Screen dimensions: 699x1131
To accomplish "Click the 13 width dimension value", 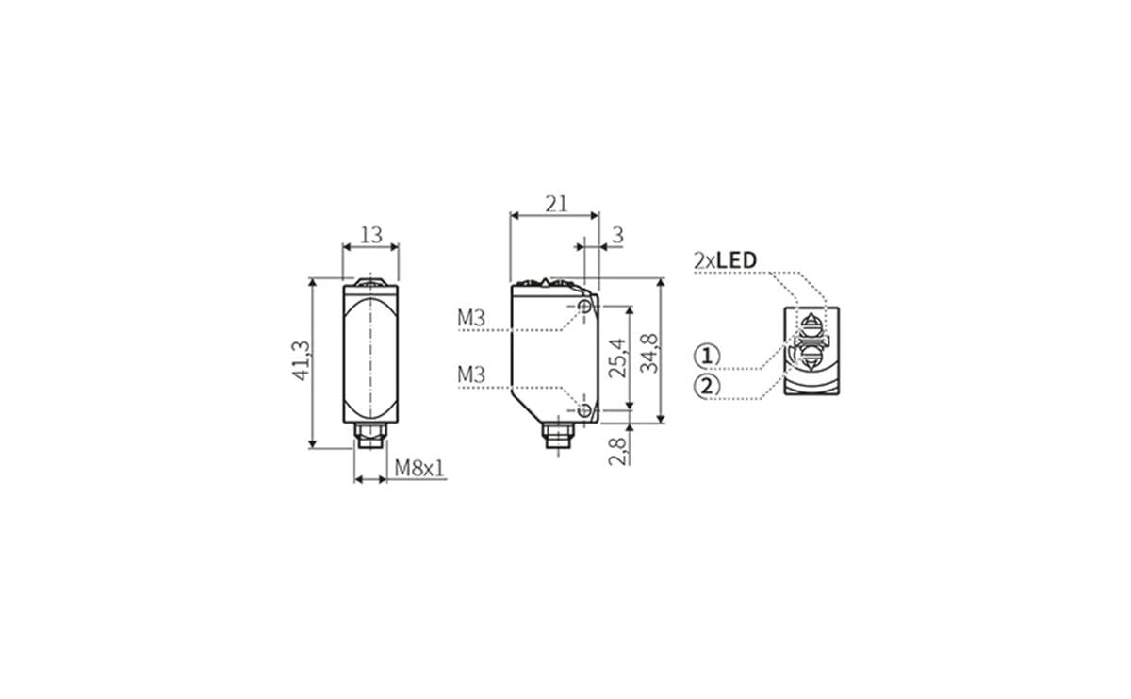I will (371, 234).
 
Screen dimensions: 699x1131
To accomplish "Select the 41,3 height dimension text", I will (302, 362).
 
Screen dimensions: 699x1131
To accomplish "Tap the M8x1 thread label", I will (419, 468).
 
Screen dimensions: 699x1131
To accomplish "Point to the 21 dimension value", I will (556, 203).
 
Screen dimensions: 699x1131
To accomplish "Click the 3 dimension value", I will (617, 235).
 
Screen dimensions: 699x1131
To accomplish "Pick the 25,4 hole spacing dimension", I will (617, 358).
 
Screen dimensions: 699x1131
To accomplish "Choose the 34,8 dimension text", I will (649, 353).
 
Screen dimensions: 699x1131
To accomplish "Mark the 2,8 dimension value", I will (617, 450).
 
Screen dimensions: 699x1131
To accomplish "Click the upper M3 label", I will (471, 319).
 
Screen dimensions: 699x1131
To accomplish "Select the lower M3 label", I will (471, 375).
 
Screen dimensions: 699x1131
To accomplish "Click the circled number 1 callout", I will (708, 356).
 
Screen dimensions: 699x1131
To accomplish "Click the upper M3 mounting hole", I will (585, 308).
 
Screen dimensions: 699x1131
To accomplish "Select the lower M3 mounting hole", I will (585, 410).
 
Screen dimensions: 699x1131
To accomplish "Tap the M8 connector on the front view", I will (369, 437).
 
